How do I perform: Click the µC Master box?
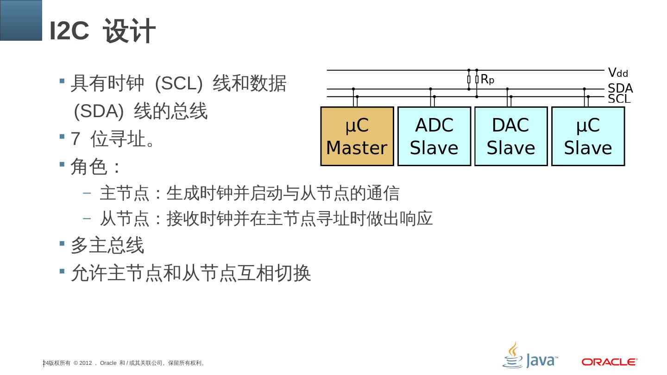coord(357,137)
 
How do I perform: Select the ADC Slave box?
coord(434,137)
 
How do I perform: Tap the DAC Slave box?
coord(511,137)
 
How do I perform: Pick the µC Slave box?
coord(588,137)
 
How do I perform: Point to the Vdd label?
coord(618,73)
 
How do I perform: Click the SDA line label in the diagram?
coord(620,88)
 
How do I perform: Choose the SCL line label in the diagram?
coord(619,99)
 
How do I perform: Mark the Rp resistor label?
coord(487,80)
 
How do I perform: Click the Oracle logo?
coord(610,362)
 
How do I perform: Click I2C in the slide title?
coord(69,31)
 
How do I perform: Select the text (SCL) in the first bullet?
coord(179,84)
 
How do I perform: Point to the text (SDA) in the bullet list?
coord(99,111)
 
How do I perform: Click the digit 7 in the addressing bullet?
coord(75,139)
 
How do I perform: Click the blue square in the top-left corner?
coord(21,20)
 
